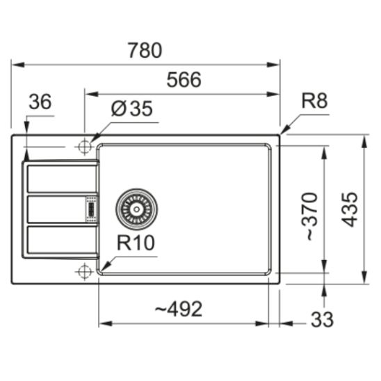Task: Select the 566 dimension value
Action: pos(184,80)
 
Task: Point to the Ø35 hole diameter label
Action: pos(131,109)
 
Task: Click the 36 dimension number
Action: pos(40,102)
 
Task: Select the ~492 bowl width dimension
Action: pos(179,309)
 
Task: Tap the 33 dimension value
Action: pos(321,319)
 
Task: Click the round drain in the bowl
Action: pos(136,207)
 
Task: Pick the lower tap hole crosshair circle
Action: pos(84,270)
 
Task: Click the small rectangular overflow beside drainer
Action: pos(90,207)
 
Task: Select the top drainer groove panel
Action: pos(61,179)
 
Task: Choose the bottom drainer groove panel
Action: pos(61,240)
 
